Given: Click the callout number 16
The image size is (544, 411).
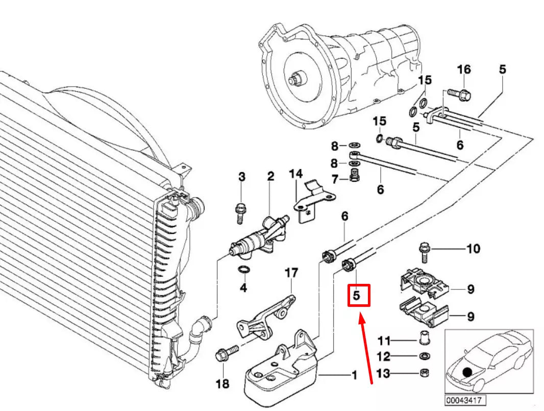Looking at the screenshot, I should (x=463, y=69).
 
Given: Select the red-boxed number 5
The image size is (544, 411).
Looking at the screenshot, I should (x=358, y=295).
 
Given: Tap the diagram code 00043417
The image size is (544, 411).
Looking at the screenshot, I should (x=465, y=400).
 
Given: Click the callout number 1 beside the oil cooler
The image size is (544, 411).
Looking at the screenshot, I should (x=354, y=377).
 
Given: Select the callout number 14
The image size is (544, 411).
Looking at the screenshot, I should (x=295, y=175).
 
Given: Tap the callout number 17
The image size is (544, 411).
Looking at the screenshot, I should (x=291, y=273).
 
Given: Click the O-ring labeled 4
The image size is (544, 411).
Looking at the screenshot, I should (x=244, y=270).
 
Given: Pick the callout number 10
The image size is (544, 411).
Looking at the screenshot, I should (x=473, y=249).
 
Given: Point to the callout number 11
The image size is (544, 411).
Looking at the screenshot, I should (x=383, y=341).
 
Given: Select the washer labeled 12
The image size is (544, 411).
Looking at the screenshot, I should (x=424, y=356).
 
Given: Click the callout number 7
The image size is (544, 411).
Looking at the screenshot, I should (x=335, y=180).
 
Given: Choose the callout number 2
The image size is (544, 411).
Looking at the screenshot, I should (x=270, y=177).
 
